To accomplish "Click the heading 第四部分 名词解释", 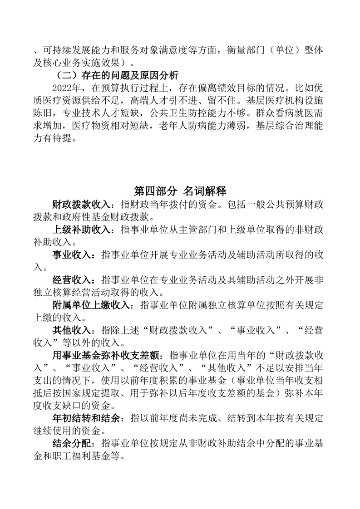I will [x=180, y=190].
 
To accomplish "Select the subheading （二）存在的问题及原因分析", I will [x=117, y=75].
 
